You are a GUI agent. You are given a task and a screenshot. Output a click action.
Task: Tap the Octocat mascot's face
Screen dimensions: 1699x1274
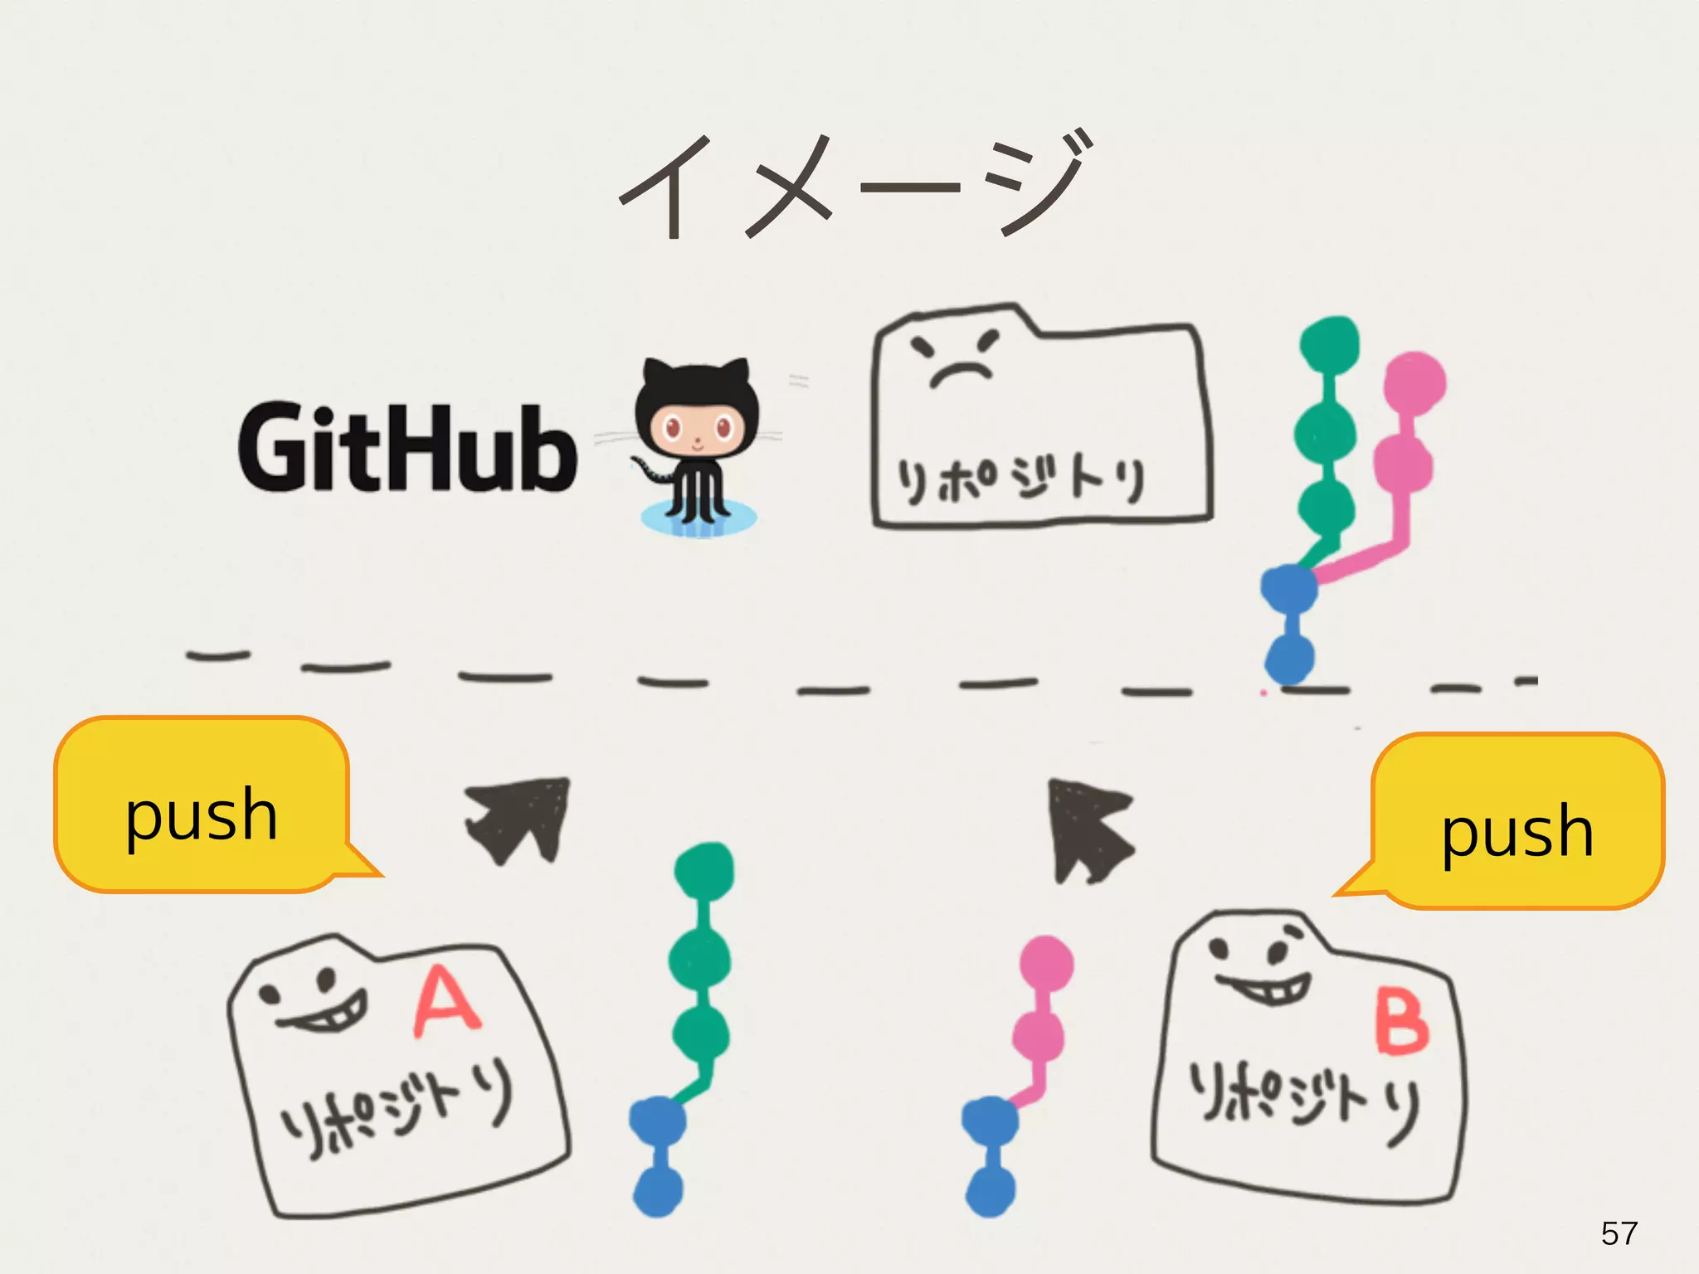click(697, 427)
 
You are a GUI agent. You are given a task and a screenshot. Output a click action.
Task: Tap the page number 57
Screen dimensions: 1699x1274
click(1619, 1233)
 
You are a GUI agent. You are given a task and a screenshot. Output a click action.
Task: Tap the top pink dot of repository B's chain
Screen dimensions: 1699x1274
click(1046, 964)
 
